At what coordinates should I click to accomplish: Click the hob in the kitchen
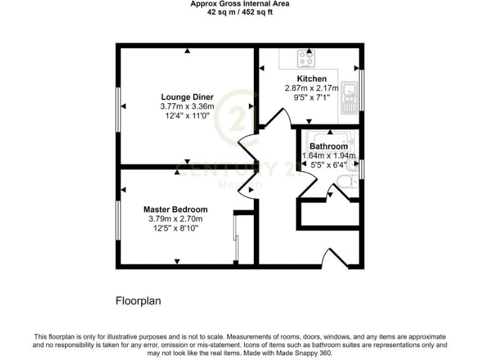(307, 59)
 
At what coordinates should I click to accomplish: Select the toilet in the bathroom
(346, 181)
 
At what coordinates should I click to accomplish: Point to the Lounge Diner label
(187, 97)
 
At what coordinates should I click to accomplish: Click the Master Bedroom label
(175, 209)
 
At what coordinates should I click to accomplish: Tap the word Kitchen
(311, 79)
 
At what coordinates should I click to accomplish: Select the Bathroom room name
(329, 147)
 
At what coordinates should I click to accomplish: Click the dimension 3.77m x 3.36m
(187, 106)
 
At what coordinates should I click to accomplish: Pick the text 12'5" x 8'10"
(175, 228)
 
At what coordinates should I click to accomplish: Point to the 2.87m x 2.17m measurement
(311, 88)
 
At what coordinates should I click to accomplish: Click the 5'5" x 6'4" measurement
(329, 166)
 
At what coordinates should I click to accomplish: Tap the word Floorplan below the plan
(138, 301)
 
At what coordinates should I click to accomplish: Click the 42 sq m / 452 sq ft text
(240, 11)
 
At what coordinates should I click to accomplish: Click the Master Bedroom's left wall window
(117, 219)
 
